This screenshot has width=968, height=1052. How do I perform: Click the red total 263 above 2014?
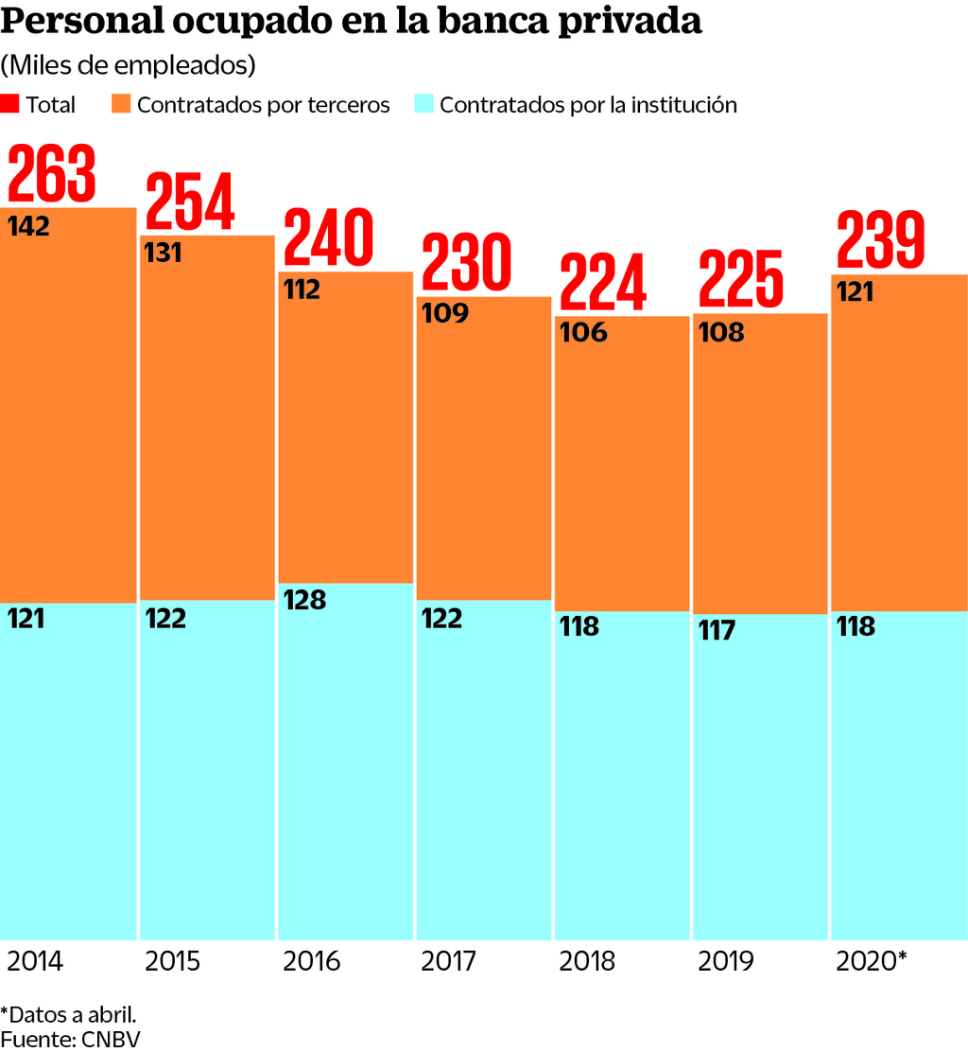click(x=53, y=174)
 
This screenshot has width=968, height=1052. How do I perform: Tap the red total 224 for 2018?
click(x=603, y=282)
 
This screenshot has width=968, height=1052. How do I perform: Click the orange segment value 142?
click(x=28, y=227)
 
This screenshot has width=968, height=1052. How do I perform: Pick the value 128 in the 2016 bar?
click(x=304, y=600)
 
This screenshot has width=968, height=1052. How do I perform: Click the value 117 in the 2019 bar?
click(x=717, y=630)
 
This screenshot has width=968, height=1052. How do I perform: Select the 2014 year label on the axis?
click(x=35, y=962)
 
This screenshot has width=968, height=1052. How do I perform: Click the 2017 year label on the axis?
click(x=449, y=962)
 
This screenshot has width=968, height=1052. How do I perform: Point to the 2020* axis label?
click(x=872, y=962)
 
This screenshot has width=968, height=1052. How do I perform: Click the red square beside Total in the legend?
click(x=10, y=104)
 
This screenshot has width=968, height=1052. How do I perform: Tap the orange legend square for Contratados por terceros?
click(x=121, y=104)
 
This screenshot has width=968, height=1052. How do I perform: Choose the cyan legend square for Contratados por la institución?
click(x=423, y=104)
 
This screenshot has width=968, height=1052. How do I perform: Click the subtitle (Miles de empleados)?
click(x=129, y=65)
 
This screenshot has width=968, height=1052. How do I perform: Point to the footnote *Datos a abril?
click(x=69, y=1014)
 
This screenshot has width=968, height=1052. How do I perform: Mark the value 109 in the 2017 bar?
click(x=443, y=312)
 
